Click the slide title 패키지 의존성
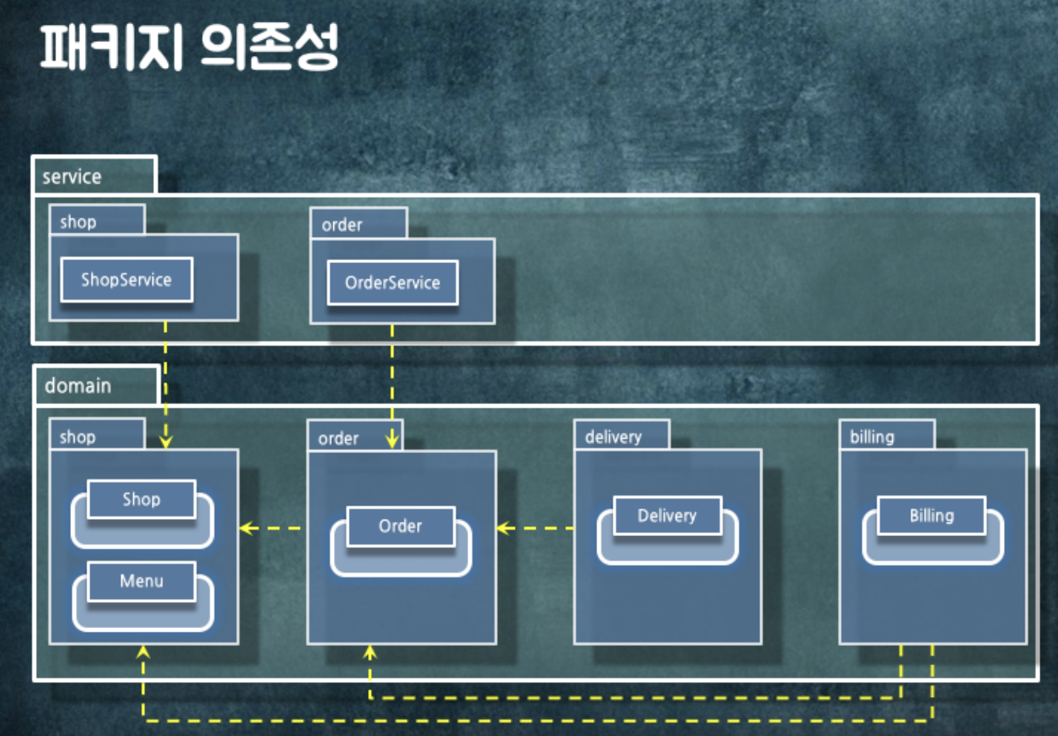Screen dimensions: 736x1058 pos(189,47)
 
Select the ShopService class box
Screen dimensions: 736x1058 pos(126,279)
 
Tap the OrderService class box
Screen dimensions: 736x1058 pos(392,283)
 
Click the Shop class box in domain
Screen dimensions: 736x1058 pos(141,499)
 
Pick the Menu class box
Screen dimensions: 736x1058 pos(141,581)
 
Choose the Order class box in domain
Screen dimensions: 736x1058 pos(400,526)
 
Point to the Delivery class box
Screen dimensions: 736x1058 pos(667,515)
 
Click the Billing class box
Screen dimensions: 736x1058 pos(931,515)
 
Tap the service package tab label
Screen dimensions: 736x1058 pos(72,177)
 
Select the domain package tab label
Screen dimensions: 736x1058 pos(78,386)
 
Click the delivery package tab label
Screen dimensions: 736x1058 pos(613,437)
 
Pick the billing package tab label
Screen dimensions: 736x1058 pos(872,437)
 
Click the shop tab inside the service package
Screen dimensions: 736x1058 pos(78,222)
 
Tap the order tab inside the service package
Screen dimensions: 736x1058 pos(342,225)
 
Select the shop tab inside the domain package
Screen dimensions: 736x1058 pos(78,437)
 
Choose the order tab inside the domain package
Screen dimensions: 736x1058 pos(338,439)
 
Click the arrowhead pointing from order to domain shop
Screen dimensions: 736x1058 pos(247,528)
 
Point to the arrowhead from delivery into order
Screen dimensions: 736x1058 pos(503,528)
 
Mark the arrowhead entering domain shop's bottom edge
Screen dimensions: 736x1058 pos(143,652)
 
